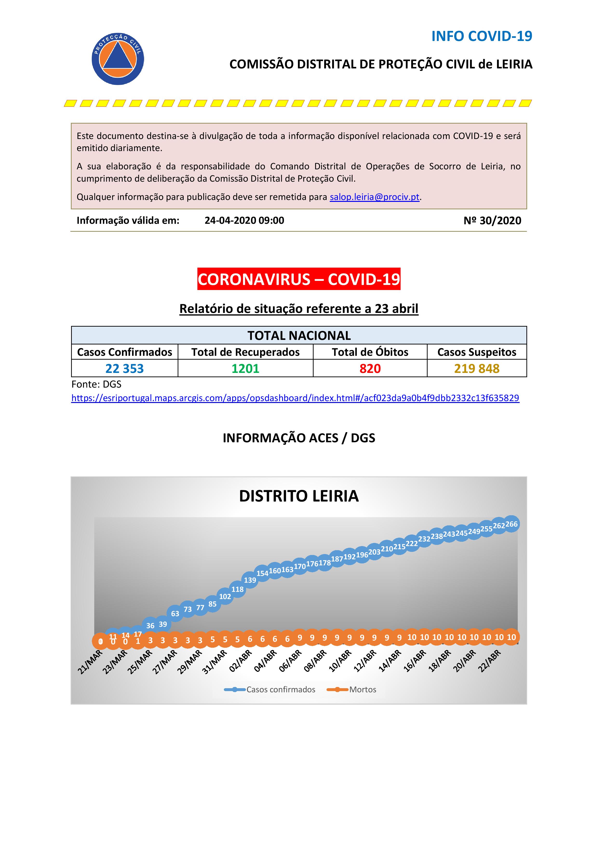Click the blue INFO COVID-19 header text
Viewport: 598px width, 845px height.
[482, 36]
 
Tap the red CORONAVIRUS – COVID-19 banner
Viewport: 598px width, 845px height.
[299, 279]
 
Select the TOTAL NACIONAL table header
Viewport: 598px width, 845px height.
[299, 335]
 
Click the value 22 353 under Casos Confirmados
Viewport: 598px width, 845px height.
[124, 368]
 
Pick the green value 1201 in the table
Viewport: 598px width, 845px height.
[245, 368]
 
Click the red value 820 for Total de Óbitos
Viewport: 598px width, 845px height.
[370, 368]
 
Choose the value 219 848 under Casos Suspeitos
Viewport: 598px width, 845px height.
[477, 368]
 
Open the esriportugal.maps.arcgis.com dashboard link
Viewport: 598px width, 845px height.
[295, 398]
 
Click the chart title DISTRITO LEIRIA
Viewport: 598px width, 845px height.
[299, 496]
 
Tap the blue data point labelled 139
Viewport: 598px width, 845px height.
[250, 580]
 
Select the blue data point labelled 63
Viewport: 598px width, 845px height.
[175, 614]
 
